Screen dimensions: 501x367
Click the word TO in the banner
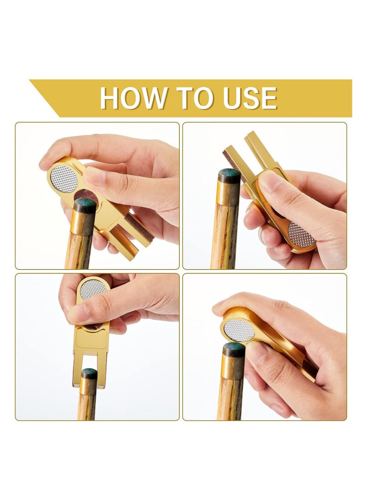click(x=193, y=98)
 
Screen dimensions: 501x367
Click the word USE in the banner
click(x=250, y=98)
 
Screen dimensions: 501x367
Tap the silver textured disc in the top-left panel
click(x=64, y=179)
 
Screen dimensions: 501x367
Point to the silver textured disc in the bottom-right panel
click(x=238, y=330)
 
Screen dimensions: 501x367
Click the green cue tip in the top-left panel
click(x=86, y=205)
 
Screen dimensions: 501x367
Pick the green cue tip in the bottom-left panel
click(x=89, y=373)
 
